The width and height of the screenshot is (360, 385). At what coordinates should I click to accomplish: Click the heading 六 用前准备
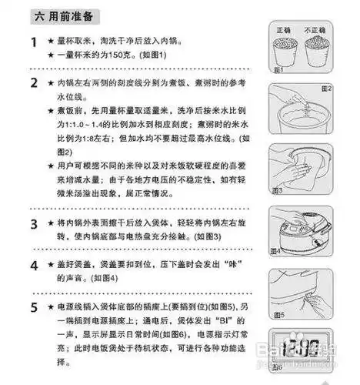pyautogui.click(x=52, y=15)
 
